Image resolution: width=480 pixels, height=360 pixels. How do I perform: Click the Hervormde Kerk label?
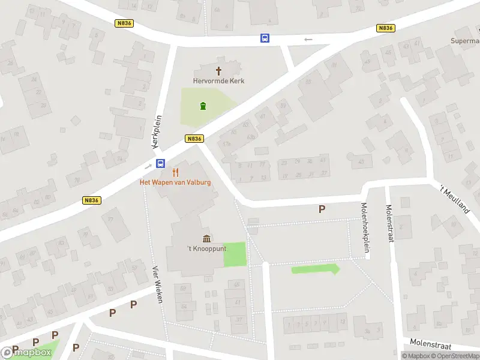click(218, 81)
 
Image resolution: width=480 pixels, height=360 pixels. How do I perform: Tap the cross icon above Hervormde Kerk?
click(218, 70)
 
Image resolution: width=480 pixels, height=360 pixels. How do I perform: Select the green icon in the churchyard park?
click(203, 107)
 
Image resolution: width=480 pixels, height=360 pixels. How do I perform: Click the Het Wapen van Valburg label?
click(175, 182)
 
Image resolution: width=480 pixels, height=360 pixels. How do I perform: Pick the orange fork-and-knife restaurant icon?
click(175, 172)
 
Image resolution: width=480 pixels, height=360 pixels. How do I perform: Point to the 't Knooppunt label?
click(206, 249)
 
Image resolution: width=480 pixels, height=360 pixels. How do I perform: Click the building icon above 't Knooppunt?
click(206, 239)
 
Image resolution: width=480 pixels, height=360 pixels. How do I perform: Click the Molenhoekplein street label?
click(364, 221)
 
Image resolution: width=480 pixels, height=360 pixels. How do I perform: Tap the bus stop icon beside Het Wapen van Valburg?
click(161, 163)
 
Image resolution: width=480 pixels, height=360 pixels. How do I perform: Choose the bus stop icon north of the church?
click(265, 38)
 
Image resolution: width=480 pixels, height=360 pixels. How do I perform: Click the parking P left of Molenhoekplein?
click(322, 209)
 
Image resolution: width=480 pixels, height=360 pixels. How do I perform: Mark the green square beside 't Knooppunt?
click(235, 254)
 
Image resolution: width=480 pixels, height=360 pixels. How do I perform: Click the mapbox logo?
click(26, 353)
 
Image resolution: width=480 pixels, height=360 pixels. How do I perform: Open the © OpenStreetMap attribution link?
click(455, 356)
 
